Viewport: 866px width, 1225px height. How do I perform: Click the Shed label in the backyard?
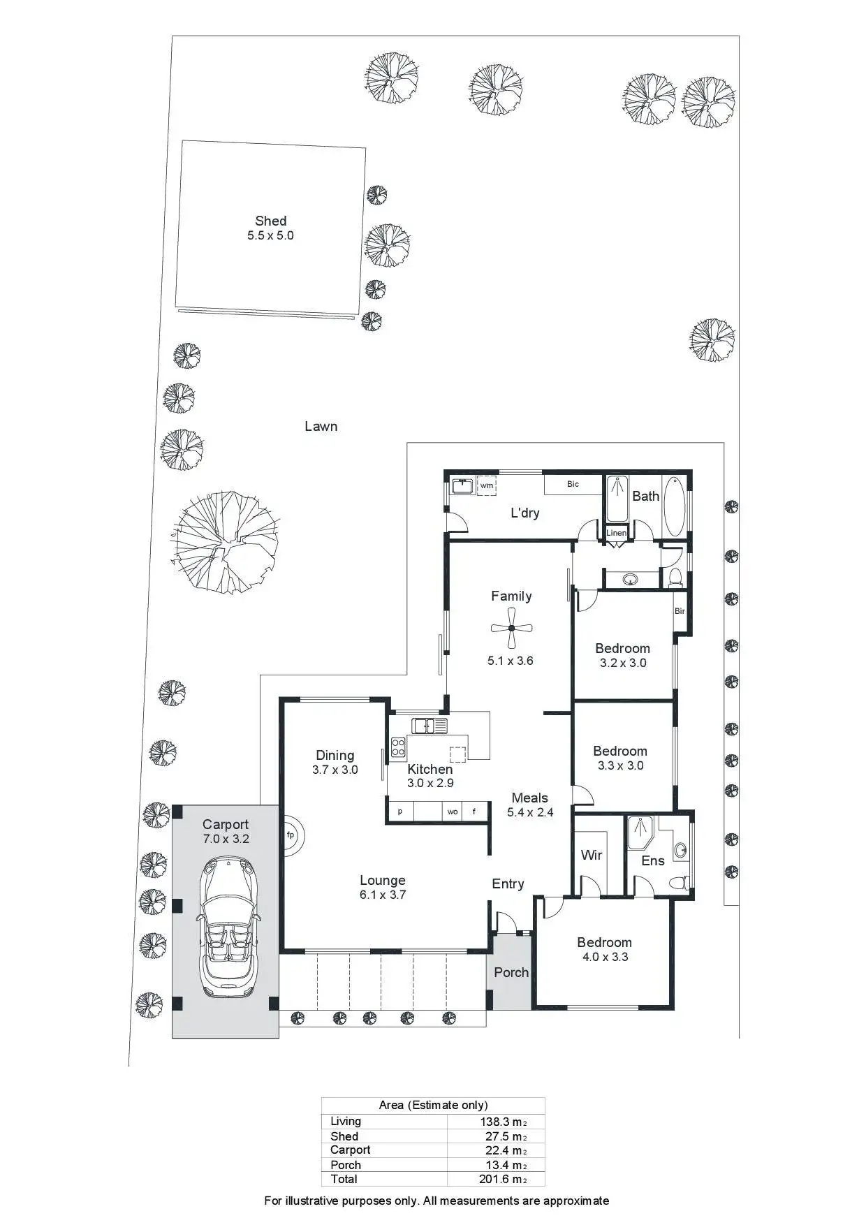point(270,221)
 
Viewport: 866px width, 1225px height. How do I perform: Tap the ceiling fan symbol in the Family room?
point(511,628)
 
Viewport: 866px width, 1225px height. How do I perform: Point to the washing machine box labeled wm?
point(487,485)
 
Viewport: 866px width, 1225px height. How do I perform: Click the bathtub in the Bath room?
point(674,506)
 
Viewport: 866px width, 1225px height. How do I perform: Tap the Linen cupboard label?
point(616,533)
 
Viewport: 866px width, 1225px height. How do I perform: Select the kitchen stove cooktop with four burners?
point(398,747)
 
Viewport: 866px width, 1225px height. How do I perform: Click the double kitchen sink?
point(430,726)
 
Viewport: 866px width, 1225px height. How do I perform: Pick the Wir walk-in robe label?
point(591,855)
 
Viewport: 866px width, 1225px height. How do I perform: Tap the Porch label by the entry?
point(511,972)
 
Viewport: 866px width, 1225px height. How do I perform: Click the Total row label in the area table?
point(344,1179)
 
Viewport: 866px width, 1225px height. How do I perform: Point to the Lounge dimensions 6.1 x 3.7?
point(383,895)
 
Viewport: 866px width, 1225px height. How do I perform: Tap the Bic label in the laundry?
point(573,484)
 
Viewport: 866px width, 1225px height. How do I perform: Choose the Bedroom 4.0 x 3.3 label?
point(605,950)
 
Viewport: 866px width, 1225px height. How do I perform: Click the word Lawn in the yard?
point(321,426)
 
